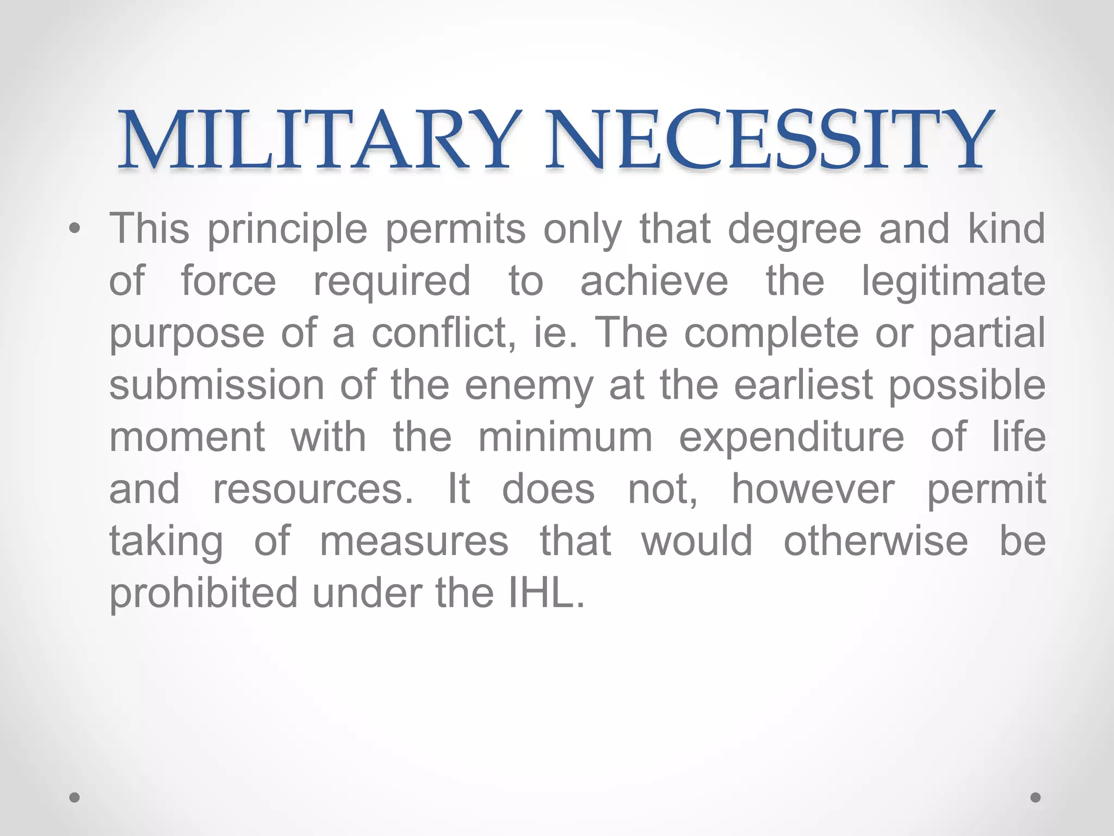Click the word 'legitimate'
(953, 281)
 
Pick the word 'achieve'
(654, 281)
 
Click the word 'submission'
(216, 385)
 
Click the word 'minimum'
(565, 437)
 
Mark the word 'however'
(813, 489)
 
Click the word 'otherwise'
(876, 541)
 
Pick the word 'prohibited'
(203, 593)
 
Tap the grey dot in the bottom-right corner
(1036, 797)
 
